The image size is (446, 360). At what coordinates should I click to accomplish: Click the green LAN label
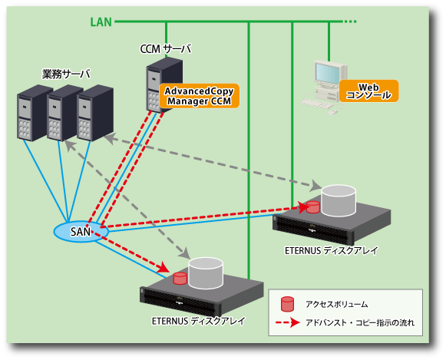pyautogui.click(x=101, y=22)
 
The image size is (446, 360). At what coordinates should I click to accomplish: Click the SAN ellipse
pyautogui.click(x=81, y=232)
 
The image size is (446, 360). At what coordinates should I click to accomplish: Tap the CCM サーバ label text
pyautogui.click(x=166, y=49)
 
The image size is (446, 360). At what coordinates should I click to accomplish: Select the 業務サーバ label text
pyautogui.click(x=66, y=74)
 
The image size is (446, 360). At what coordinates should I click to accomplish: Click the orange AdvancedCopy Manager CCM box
pyautogui.click(x=199, y=96)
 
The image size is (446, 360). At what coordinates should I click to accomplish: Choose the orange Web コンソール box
pyautogui.click(x=368, y=91)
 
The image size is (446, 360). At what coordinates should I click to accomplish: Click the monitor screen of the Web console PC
pyautogui.click(x=328, y=73)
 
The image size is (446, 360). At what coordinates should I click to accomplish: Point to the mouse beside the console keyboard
pyautogui.click(x=332, y=112)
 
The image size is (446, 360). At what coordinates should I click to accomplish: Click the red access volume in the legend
pyautogui.click(x=287, y=304)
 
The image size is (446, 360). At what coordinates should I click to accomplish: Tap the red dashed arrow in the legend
pyautogui.click(x=288, y=322)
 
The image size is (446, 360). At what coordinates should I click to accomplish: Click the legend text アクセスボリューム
pyautogui.click(x=336, y=304)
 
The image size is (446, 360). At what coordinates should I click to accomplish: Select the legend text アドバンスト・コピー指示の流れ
pyautogui.click(x=360, y=322)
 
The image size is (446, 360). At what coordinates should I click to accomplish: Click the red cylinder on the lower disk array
pyautogui.click(x=180, y=279)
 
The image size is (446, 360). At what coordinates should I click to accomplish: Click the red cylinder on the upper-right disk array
pyautogui.click(x=313, y=207)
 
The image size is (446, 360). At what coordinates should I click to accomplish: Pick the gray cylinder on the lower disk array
pyautogui.click(x=206, y=272)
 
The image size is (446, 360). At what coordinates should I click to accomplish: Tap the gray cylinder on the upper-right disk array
pyautogui.click(x=339, y=201)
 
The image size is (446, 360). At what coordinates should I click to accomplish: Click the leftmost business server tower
pyautogui.click(x=32, y=113)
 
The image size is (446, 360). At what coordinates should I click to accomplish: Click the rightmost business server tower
pyautogui.click(x=95, y=113)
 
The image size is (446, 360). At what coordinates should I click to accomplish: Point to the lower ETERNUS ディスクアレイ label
pyautogui.click(x=198, y=321)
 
